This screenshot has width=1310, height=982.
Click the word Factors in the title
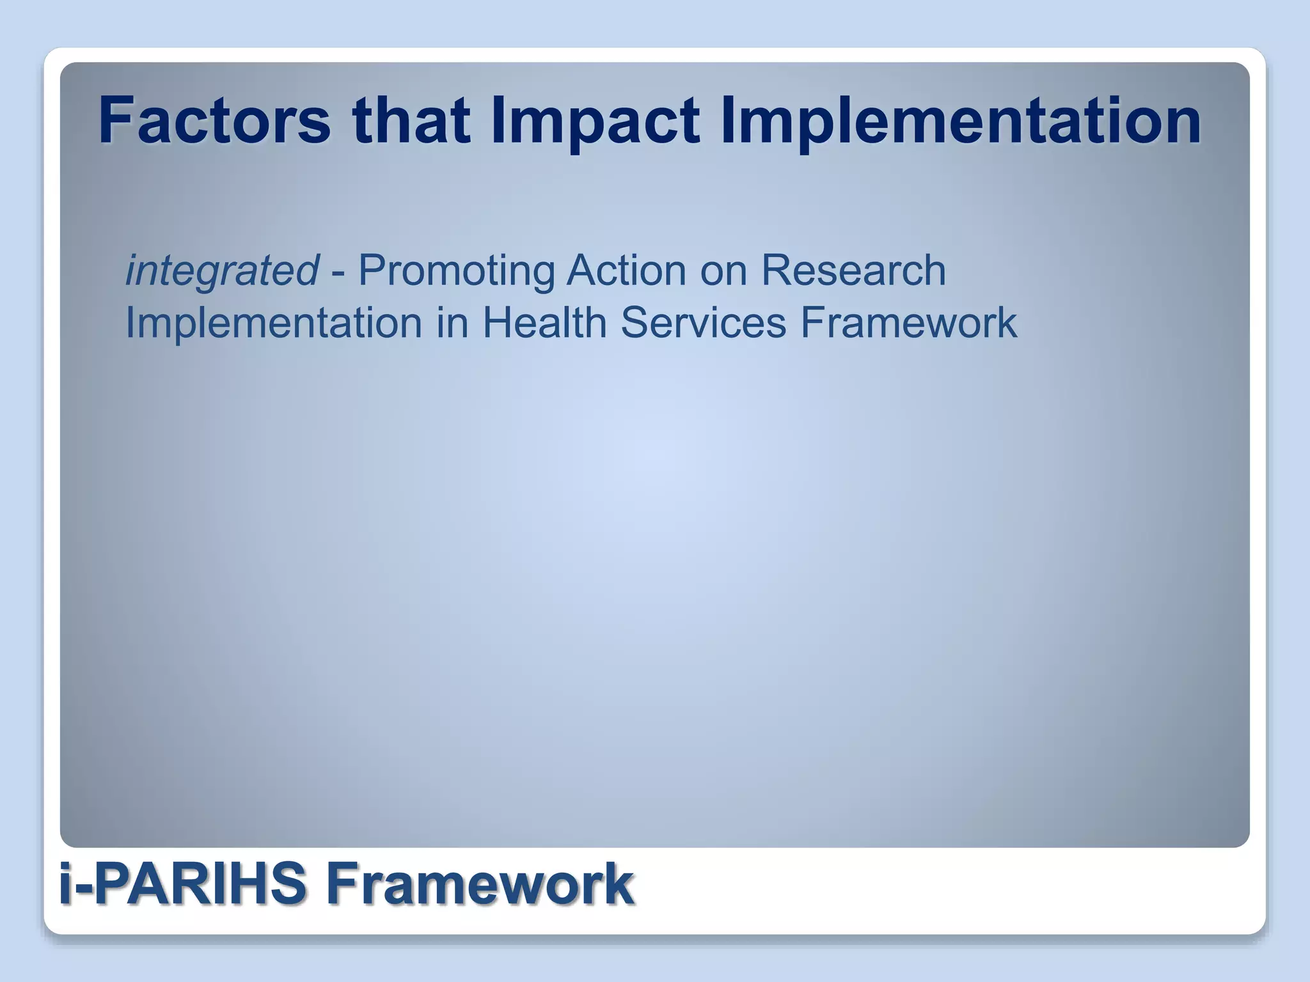click(x=214, y=120)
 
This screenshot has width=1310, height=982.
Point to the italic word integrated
click(x=221, y=271)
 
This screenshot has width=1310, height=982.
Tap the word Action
click(x=626, y=270)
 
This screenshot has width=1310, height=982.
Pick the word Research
click(x=853, y=270)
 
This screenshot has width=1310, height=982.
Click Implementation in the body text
click(x=273, y=323)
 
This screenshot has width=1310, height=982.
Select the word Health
click(x=544, y=322)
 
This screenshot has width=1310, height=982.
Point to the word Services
click(x=703, y=322)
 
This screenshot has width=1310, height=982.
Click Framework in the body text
click(x=908, y=322)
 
